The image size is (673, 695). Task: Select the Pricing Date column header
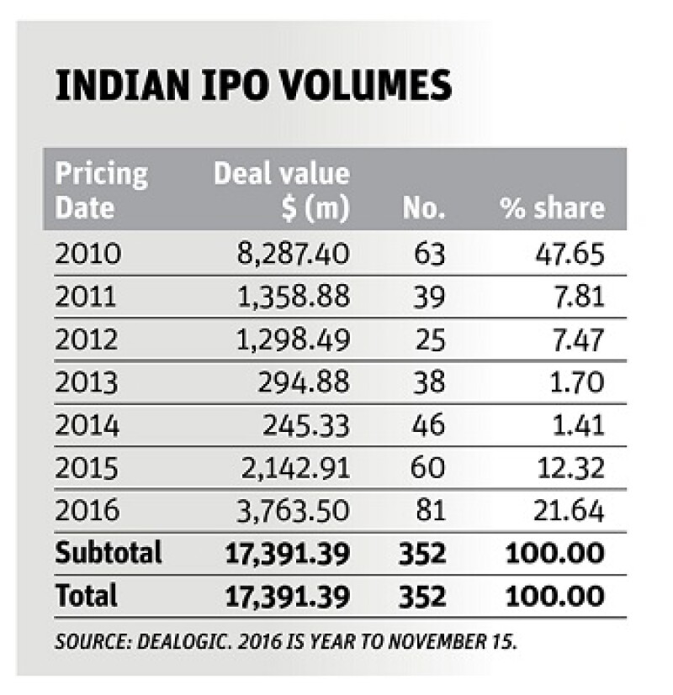pos(101,191)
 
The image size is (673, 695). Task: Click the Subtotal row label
pos(109,553)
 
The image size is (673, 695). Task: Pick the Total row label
pos(87,596)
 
